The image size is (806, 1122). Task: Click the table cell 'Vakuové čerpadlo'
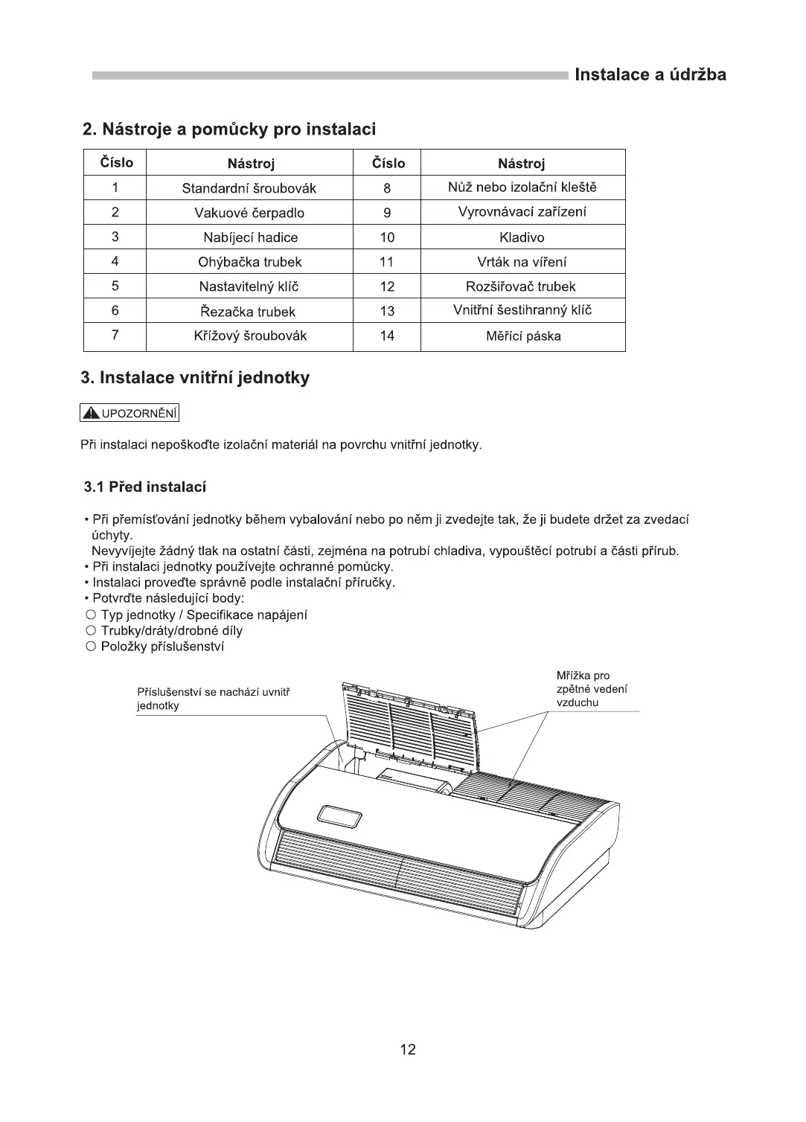pos(249,213)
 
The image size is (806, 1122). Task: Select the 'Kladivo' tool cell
pos(522,237)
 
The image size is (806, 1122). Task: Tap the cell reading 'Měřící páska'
pos(523,336)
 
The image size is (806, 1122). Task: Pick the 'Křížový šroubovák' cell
pos(249,336)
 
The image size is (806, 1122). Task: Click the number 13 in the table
pos(387,311)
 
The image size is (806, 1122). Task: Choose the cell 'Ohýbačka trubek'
pos(249,262)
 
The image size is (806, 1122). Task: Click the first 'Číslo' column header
pos(116,162)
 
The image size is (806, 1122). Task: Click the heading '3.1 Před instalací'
pos(145,487)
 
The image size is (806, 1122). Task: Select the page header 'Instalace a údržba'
pos(650,74)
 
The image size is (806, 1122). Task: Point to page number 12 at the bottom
pos(408,1050)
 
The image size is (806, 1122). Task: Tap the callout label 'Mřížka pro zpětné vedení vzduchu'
pos(592,689)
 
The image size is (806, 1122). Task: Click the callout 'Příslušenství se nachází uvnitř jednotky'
pos(213,699)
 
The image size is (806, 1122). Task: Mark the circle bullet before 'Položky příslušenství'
pos(90,647)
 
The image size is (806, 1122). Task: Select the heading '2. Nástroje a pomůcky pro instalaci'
pos(229,129)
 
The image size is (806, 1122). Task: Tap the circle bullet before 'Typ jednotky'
pos(90,615)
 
